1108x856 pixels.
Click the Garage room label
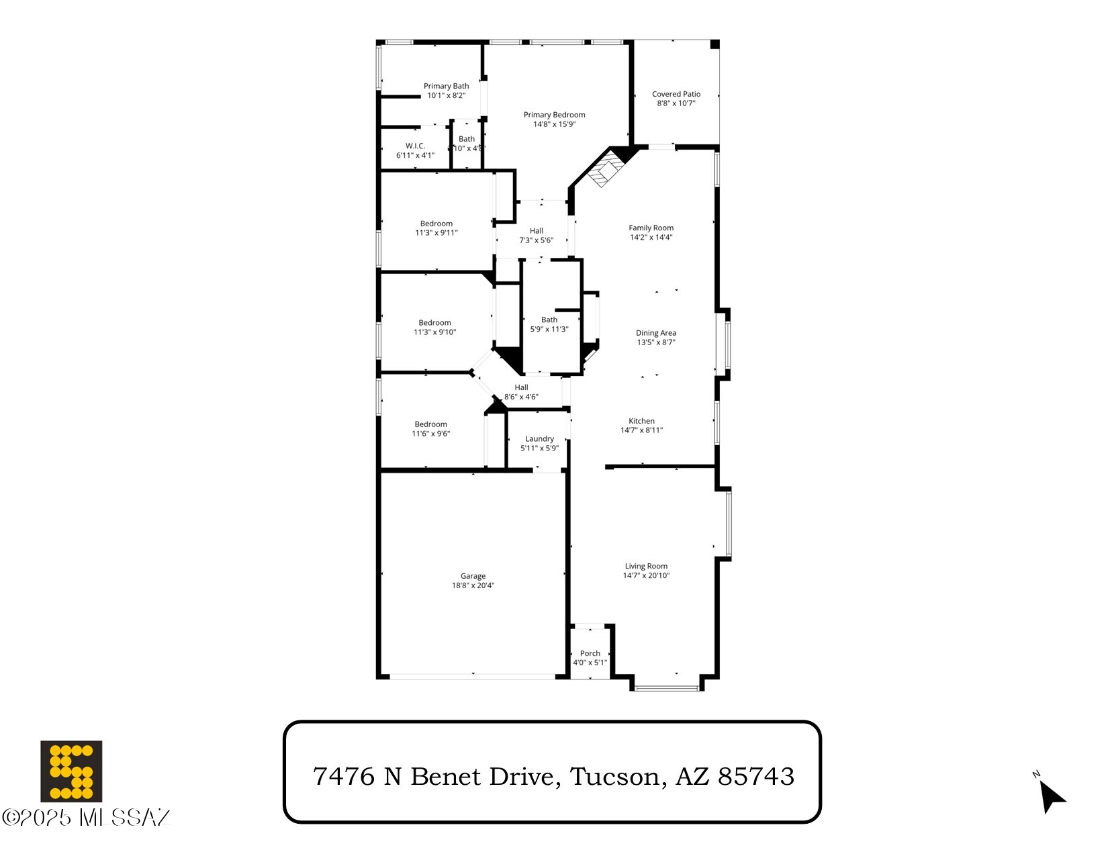(x=473, y=576)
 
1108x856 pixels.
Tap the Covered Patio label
(x=676, y=94)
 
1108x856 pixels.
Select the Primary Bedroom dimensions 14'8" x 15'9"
(x=554, y=124)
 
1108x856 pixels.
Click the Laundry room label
(x=539, y=439)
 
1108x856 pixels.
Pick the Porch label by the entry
(x=590, y=653)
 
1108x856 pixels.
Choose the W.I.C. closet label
(x=415, y=146)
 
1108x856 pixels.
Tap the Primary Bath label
(x=446, y=86)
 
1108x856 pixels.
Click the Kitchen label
(x=641, y=421)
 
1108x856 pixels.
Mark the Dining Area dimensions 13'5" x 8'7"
(x=655, y=342)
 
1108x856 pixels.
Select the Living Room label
(x=646, y=566)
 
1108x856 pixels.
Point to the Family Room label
(x=651, y=228)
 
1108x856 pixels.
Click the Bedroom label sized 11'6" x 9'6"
(x=430, y=424)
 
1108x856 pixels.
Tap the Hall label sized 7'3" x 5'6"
(x=536, y=231)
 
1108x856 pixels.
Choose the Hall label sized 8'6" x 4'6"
(x=521, y=387)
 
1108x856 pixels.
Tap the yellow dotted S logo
(x=71, y=771)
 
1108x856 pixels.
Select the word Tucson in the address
(x=614, y=777)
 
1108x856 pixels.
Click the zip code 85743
(x=756, y=777)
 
